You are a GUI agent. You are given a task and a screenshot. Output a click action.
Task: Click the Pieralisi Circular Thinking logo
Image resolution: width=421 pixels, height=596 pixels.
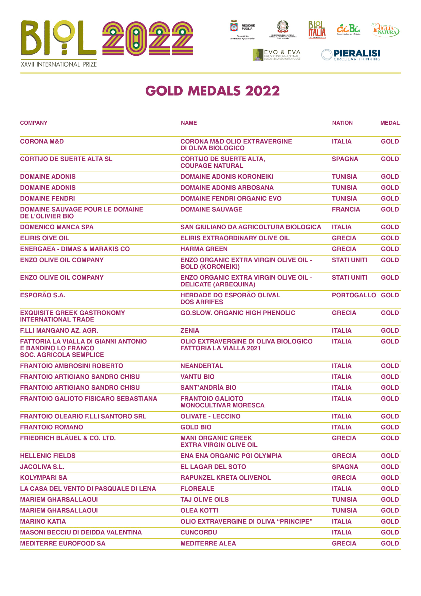pos(351,55)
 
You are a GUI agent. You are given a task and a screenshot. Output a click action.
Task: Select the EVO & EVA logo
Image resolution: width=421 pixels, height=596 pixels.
pos(277,55)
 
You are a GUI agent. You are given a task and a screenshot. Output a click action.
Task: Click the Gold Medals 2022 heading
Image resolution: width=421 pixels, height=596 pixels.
pos(213,91)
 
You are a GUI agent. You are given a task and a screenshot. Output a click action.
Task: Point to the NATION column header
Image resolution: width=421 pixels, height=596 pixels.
pos(342,123)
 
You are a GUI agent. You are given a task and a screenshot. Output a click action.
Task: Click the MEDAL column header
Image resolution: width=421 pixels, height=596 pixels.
pos(390,123)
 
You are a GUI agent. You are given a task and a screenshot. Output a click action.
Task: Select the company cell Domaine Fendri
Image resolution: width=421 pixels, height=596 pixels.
pos(48,198)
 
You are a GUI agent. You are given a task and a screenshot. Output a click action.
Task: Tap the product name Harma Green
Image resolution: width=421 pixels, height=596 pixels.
pos(204,249)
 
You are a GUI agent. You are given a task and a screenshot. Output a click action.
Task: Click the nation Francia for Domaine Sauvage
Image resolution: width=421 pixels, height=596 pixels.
pos(346,209)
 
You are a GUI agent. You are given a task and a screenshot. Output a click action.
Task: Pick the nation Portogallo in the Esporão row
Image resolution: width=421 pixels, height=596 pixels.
pos(354,295)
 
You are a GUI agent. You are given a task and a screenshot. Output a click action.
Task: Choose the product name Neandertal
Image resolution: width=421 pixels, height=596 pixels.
pos(202,366)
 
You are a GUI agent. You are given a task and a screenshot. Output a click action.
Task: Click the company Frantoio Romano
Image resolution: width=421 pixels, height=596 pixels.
pos(52,427)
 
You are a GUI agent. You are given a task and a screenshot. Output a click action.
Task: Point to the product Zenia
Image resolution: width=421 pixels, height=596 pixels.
pos(190,331)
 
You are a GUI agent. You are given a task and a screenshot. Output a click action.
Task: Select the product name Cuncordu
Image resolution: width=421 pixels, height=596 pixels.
pos(199,532)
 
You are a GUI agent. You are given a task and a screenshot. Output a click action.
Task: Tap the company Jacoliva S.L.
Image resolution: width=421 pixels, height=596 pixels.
pos(42,467)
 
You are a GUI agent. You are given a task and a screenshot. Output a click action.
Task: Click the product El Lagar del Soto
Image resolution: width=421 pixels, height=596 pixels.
pos(213,467)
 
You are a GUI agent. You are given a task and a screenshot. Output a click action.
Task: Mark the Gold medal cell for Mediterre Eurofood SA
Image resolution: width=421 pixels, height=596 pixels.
pos(390,543)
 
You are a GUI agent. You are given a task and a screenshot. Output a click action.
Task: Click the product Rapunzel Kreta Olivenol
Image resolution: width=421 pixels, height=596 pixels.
pos(226,478)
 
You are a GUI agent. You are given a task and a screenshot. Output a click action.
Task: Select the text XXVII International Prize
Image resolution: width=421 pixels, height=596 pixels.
pos(59,64)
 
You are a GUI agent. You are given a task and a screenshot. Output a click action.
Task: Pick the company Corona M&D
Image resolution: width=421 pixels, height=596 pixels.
pos(42,142)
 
